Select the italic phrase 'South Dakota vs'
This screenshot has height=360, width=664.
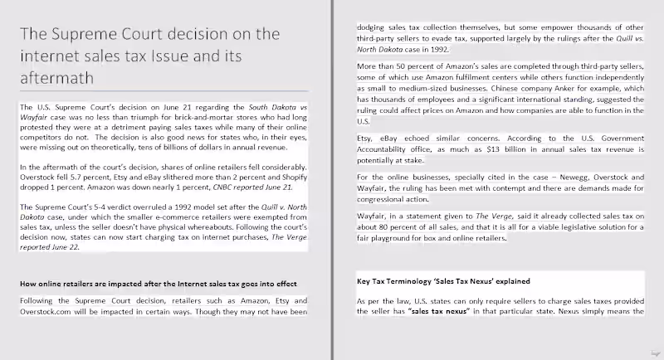pyautogui.click(x=280, y=108)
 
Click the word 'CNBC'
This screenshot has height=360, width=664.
pyautogui.click(x=222, y=188)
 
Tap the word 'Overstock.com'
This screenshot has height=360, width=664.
pyautogui.click(x=44, y=312)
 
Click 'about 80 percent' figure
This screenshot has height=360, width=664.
pyautogui.click(x=389, y=227)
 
